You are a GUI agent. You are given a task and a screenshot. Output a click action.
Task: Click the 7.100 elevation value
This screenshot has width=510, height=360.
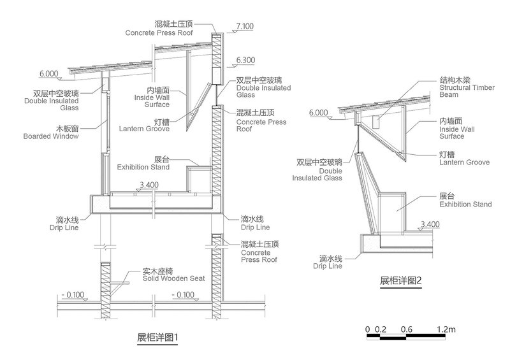click(x=245, y=26)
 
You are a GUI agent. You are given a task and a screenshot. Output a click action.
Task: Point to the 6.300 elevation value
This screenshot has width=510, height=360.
click(x=245, y=60)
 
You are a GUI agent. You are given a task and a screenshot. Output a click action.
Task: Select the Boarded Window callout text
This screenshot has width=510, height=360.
click(x=50, y=136)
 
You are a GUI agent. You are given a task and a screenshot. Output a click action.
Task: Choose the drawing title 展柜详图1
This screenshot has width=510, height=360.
click(x=157, y=336)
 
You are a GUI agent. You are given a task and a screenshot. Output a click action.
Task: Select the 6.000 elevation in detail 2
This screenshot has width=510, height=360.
click(x=317, y=113)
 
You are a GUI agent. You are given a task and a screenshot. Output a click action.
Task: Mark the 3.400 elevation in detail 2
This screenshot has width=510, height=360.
click(x=431, y=224)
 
